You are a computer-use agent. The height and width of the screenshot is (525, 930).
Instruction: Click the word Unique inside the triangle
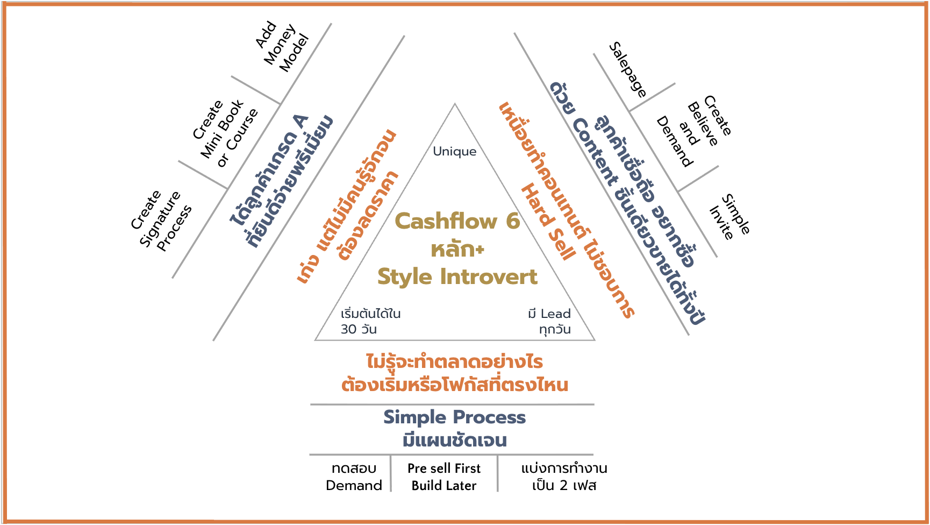[455, 152]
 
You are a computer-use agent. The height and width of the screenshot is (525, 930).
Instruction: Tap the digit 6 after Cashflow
[513, 221]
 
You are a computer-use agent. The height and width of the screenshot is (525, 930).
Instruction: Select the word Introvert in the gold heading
[489, 276]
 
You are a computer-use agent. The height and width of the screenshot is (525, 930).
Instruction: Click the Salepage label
[628, 69]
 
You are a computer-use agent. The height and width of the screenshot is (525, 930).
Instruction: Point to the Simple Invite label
[729, 216]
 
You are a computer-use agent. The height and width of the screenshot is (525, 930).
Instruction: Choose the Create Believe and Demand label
[693, 132]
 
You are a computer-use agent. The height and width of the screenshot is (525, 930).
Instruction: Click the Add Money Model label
[282, 47]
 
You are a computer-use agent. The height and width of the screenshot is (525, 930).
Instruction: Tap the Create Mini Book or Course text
[225, 133]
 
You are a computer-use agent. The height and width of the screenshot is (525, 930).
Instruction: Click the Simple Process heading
[454, 417]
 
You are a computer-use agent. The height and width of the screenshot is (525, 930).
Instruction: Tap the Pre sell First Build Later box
[444, 477]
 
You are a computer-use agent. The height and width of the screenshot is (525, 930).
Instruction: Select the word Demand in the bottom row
[354, 486]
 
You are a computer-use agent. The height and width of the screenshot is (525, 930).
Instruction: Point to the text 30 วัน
[359, 329]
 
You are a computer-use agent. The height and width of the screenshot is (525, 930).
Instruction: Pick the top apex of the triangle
[455, 104]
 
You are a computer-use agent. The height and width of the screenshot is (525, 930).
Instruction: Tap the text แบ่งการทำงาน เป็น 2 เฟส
[564, 477]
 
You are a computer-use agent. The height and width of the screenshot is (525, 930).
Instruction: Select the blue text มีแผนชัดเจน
[454, 441]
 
